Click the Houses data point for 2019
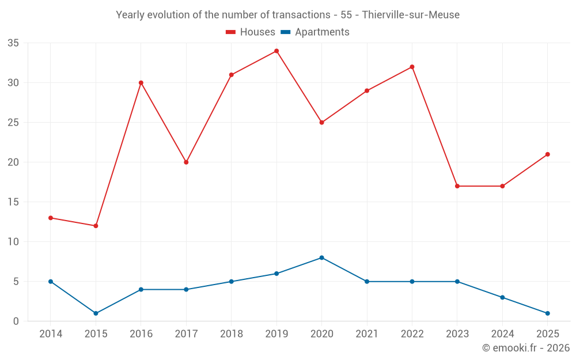[x=276, y=51]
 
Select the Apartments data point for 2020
[x=321, y=257]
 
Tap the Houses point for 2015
[x=96, y=226]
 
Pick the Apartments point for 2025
[x=547, y=313]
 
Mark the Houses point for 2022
[x=412, y=67]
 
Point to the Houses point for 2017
[x=186, y=162]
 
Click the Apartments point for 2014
[x=51, y=282]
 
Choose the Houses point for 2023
[x=457, y=186]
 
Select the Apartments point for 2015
[x=96, y=313]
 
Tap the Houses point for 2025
[x=547, y=154]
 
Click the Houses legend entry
[x=251, y=32]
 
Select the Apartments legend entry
[x=315, y=32]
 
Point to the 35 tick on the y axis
[x=13, y=43]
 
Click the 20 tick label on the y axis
[x=13, y=162]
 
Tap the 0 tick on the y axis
[x=16, y=321]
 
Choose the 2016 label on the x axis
[x=141, y=334]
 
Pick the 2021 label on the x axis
[x=366, y=334]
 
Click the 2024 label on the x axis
[x=502, y=334]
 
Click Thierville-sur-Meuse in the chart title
[x=411, y=15]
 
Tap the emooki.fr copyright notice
[x=525, y=348]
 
